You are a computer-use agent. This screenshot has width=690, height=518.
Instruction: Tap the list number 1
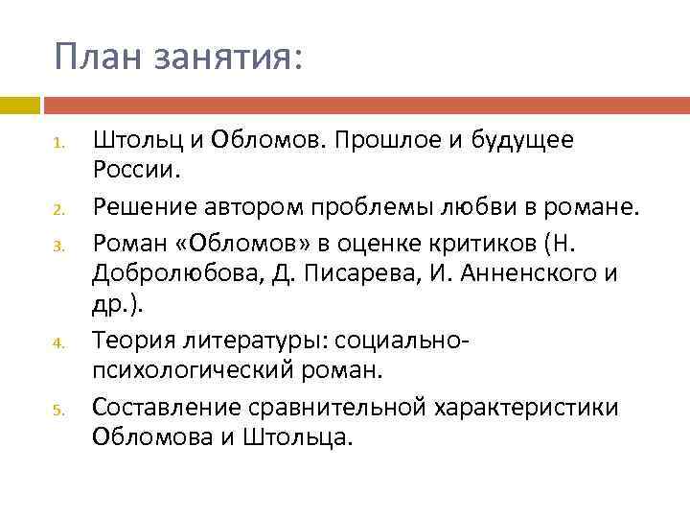(57, 147)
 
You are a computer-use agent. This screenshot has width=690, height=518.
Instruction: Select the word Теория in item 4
(130, 341)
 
